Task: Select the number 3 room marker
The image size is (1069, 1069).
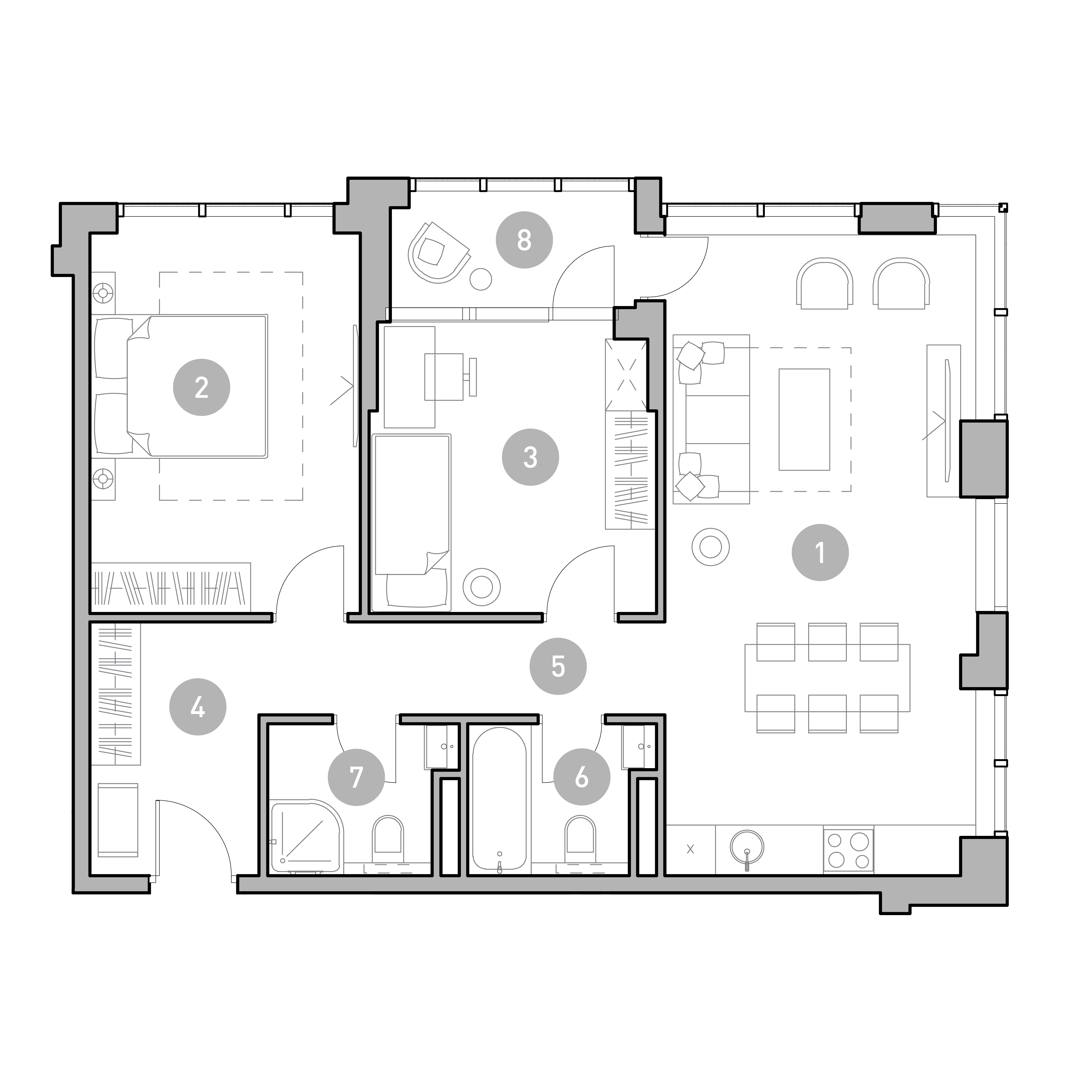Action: coord(530,457)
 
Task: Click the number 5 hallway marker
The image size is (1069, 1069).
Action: coord(558,666)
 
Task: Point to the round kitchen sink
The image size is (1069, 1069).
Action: coord(747,848)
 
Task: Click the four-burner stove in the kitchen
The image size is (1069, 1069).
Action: coord(848,850)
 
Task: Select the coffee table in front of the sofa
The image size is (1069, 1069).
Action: coord(804,419)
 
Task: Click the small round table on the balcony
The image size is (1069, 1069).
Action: coord(480,279)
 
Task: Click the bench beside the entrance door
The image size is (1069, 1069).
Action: coord(118,819)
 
